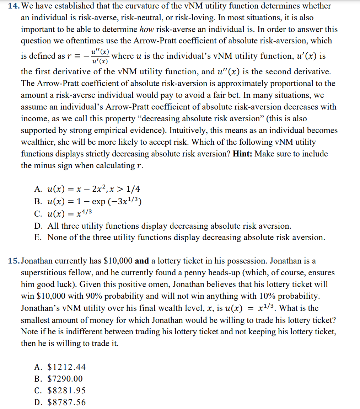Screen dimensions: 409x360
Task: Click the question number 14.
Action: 14,6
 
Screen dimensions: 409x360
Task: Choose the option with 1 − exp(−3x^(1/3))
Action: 95,201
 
